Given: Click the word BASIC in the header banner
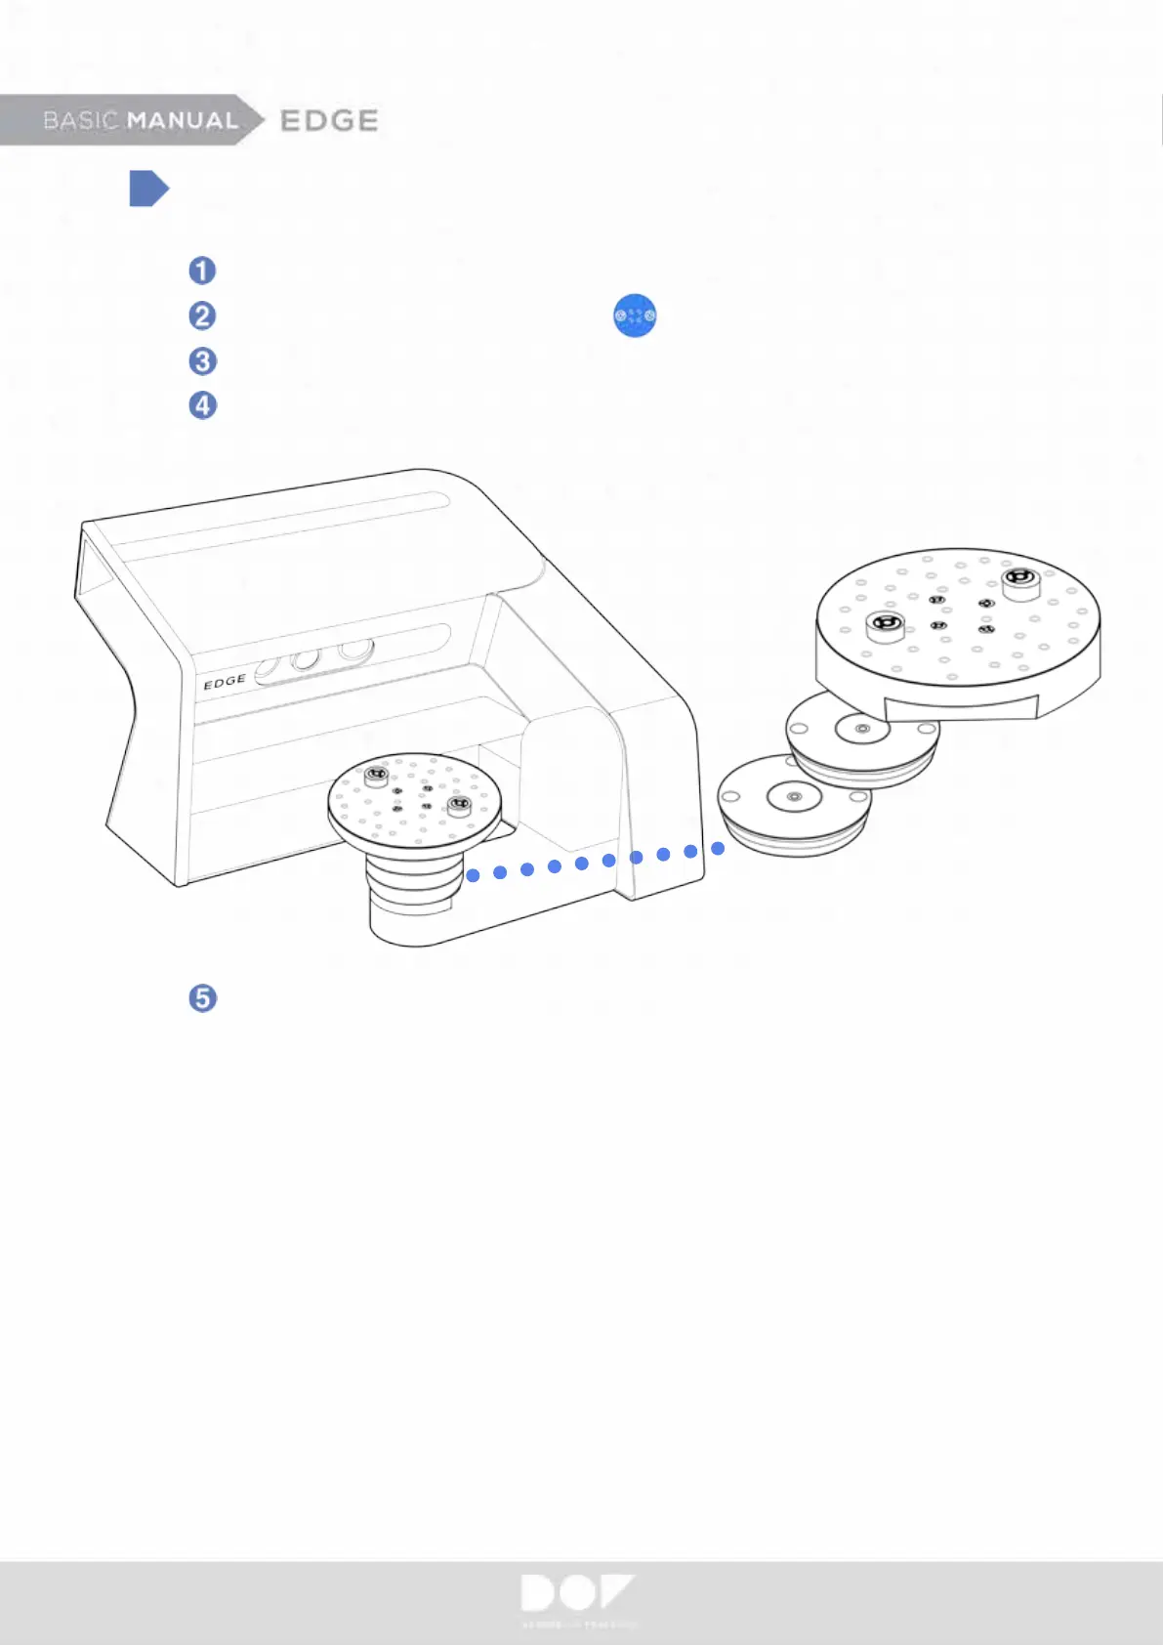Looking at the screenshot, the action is (x=80, y=120).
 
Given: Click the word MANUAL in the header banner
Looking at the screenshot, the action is (x=183, y=120).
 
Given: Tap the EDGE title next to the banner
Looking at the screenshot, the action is (x=329, y=120).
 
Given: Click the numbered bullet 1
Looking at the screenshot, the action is (x=202, y=271).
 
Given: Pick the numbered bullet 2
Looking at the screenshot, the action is (x=202, y=316).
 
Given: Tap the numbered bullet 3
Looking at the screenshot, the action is (x=202, y=361).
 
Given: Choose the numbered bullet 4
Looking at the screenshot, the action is (x=202, y=405).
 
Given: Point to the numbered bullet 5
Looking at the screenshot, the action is (x=202, y=998).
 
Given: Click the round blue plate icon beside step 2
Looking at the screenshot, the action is (x=635, y=316).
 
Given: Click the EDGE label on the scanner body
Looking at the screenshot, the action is (x=225, y=682).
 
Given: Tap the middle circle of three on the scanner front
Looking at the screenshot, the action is (x=306, y=659).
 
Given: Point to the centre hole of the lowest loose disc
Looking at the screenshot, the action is (x=794, y=797).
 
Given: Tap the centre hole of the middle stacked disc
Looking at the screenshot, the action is (x=862, y=729).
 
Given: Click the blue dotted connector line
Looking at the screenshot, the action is (x=595, y=862).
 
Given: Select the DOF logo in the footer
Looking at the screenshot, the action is (x=578, y=1594).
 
